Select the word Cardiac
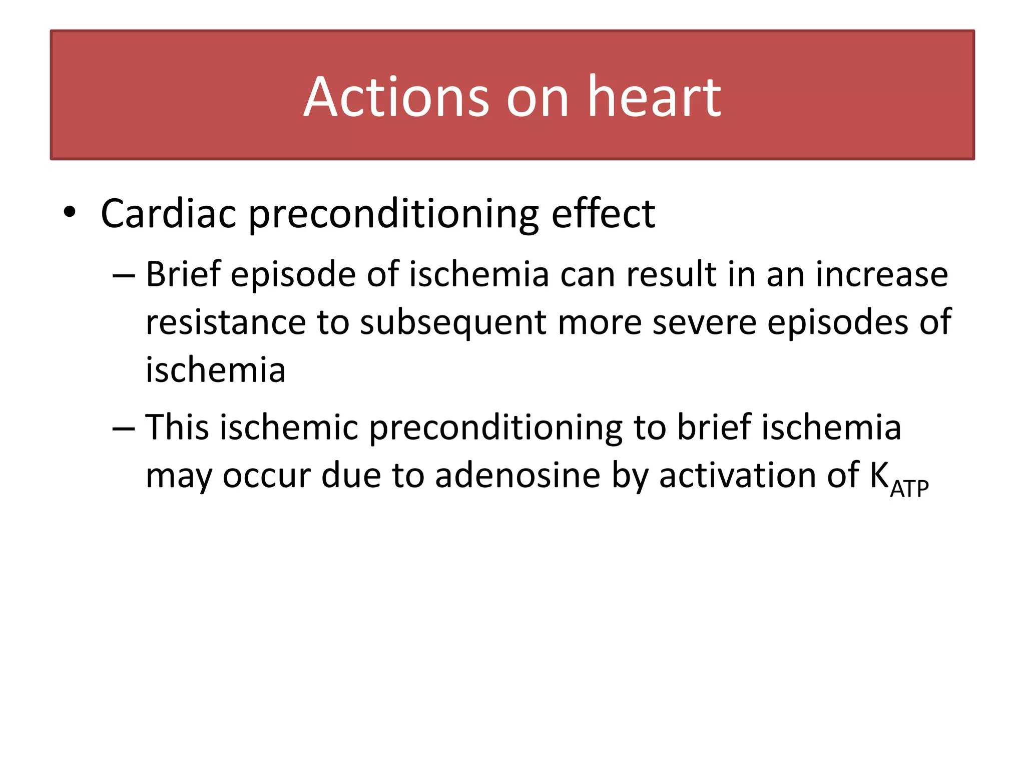point(168,214)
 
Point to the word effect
point(603,214)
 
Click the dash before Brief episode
point(124,276)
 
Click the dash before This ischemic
point(124,429)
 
